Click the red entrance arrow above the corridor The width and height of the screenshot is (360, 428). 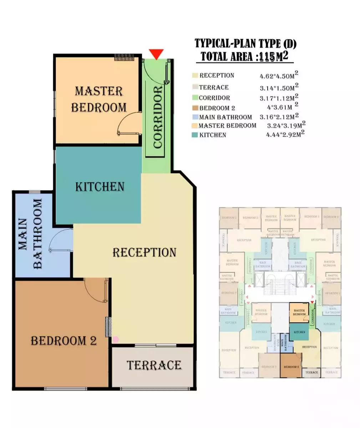coord(156,54)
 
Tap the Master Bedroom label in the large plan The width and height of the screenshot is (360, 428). coord(99,99)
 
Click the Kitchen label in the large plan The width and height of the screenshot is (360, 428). coord(100,187)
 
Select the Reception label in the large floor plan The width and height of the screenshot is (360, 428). coord(144,253)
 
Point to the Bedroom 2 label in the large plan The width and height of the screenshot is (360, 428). coord(64,341)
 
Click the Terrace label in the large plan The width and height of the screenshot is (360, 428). coord(154,365)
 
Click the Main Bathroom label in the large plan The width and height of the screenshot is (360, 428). coord(30,234)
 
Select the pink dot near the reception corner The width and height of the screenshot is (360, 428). coord(116,340)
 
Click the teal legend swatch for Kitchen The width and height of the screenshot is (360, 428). coord(194,135)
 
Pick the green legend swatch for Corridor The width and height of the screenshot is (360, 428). coord(194,98)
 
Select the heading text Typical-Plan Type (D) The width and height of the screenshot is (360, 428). coord(245,44)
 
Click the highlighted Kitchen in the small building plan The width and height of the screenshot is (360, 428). coord(299,332)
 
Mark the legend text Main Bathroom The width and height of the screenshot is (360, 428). coord(225,117)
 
